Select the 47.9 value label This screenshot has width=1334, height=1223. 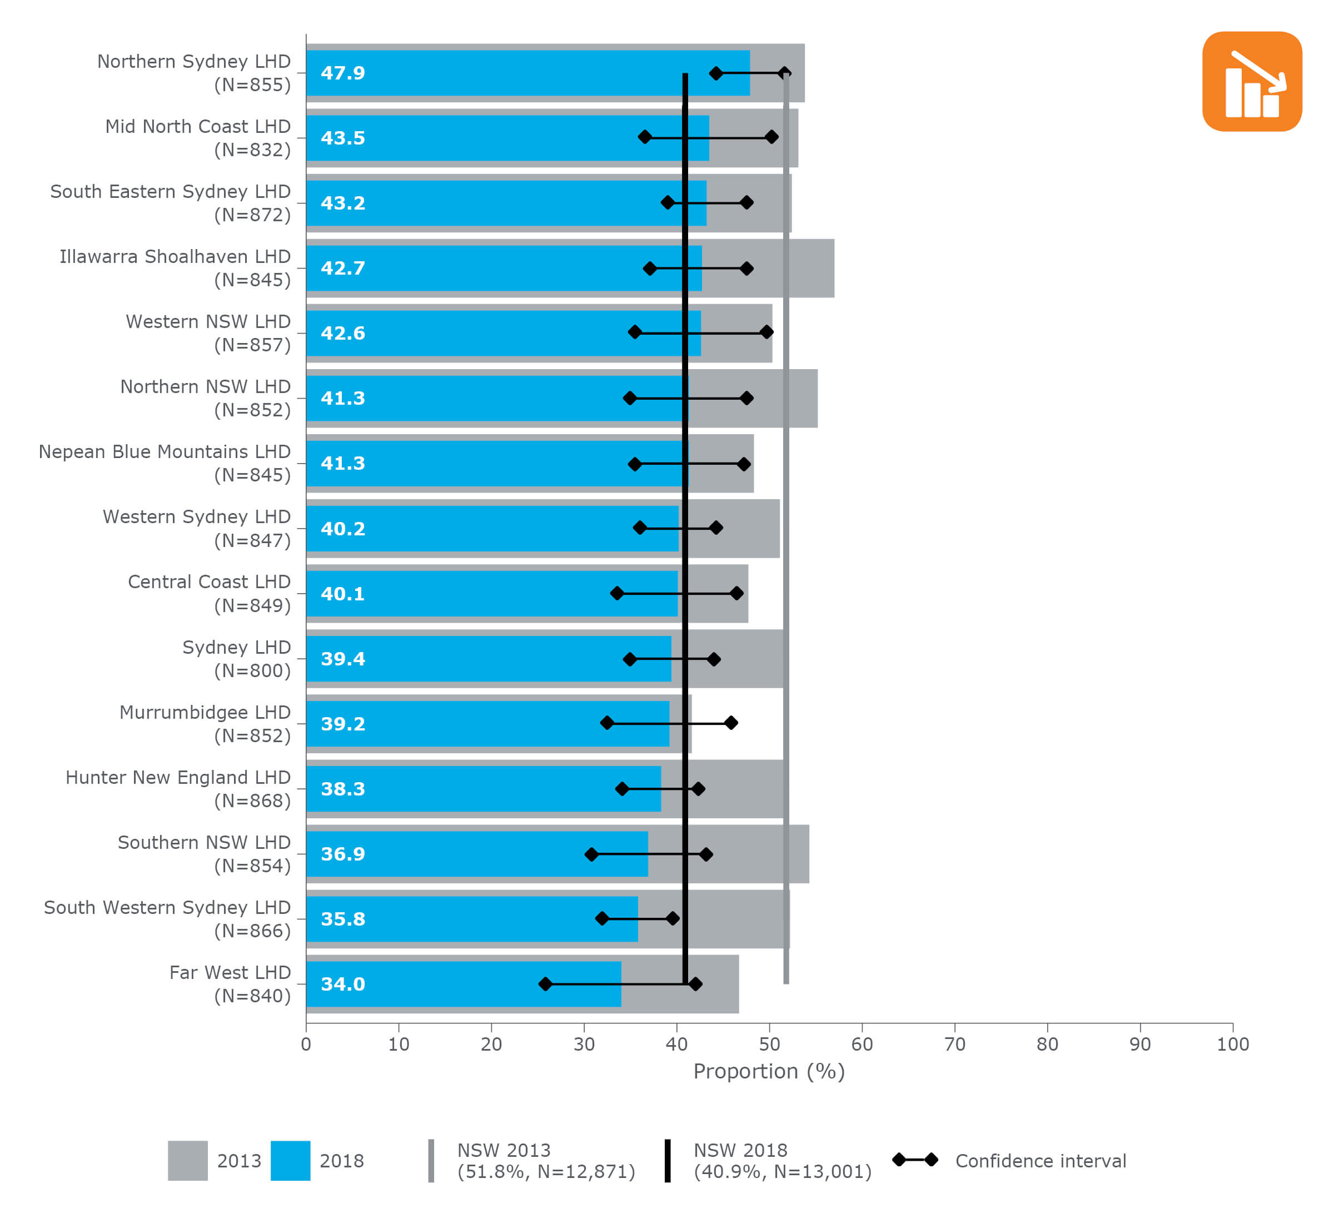pos(343,73)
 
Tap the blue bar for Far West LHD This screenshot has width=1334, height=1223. pos(463,984)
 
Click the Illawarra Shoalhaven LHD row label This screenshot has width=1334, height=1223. pos(175,268)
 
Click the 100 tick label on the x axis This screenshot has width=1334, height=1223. pos(1232,1045)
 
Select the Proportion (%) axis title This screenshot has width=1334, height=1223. pos(769,1071)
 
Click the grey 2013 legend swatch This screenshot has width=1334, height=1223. pos(187,1161)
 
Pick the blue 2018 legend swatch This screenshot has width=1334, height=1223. pos(291,1161)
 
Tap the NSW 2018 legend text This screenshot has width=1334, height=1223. pos(782,1161)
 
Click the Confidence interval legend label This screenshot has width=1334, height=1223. pos(1040,1161)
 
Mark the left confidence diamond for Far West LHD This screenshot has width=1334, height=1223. pos(545,984)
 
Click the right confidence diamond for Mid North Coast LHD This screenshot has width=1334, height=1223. pos(771,137)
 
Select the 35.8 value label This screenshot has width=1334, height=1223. pos(343,919)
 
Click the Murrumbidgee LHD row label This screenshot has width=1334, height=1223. pos(205,724)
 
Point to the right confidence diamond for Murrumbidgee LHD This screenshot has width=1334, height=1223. pos(731,723)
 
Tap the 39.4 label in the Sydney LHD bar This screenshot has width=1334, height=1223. pos(343,659)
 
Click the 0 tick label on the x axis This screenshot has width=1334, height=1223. pos(306,1045)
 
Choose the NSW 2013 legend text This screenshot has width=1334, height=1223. pos(546,1161)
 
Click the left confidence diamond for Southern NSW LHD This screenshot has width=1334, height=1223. pos(591,854)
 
